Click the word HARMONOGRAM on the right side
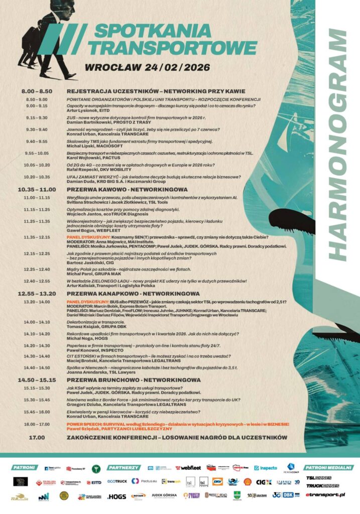(340, 143)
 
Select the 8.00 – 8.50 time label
(37, 91)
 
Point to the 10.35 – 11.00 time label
(37, 190)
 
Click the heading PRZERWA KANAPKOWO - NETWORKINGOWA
(133, 293)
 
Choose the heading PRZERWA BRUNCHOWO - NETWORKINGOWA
(133, 380)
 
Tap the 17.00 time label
(37, 438)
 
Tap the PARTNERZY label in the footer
(124, 467)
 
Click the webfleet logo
(188, 468)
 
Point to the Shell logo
(247, 482)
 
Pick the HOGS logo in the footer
(116, 496)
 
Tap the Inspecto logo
(266, 468)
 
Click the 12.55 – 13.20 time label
(37, 293)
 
